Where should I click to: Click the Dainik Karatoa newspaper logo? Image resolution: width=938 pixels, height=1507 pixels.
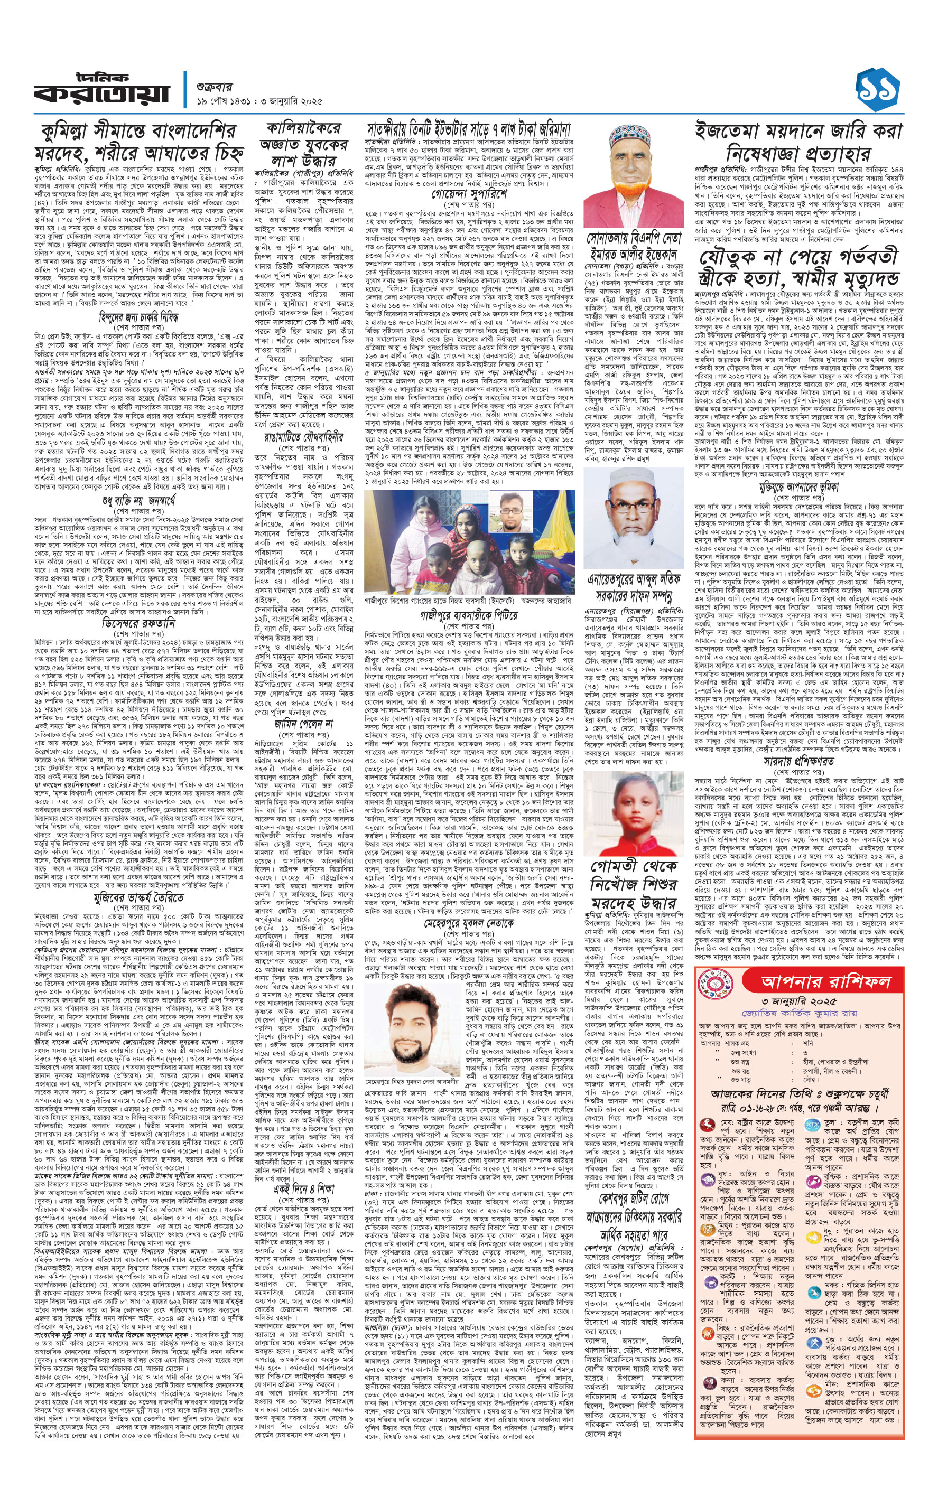(101, 89)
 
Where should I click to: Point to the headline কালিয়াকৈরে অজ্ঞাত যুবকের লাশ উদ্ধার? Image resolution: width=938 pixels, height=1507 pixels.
(303, 144)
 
